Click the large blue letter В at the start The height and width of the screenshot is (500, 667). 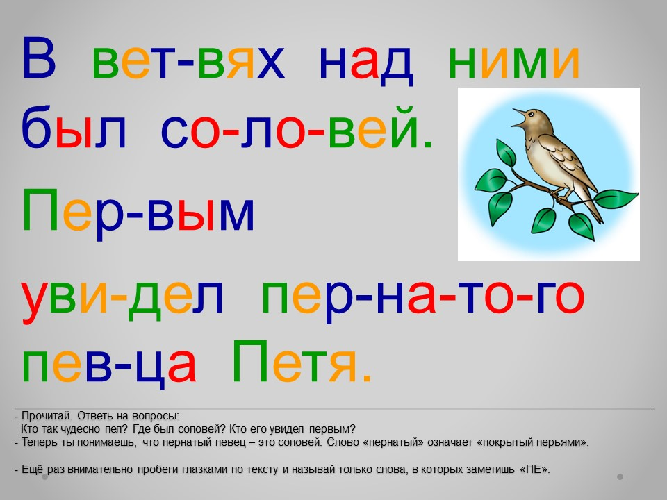tap(39, 58)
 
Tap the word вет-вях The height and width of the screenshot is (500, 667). tap(188, 62)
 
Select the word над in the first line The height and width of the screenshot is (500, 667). tap(366, 64)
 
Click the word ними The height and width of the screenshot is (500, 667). tap(514, 62)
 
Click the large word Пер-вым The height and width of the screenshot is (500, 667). tap(138, 210)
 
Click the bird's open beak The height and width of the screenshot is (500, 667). tap(519, 118)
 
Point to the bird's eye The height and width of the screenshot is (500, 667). tap(531, 113)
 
